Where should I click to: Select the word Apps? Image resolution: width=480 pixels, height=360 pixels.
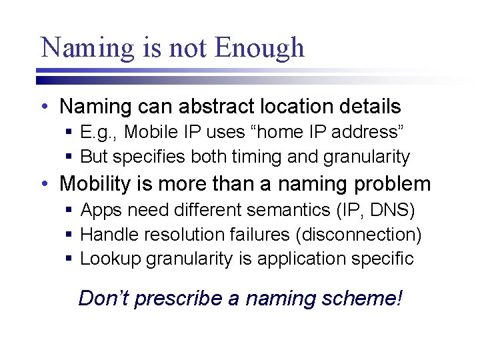(x=101, y=211)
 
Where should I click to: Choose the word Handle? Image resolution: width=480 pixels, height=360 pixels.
(x=107, y=235)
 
